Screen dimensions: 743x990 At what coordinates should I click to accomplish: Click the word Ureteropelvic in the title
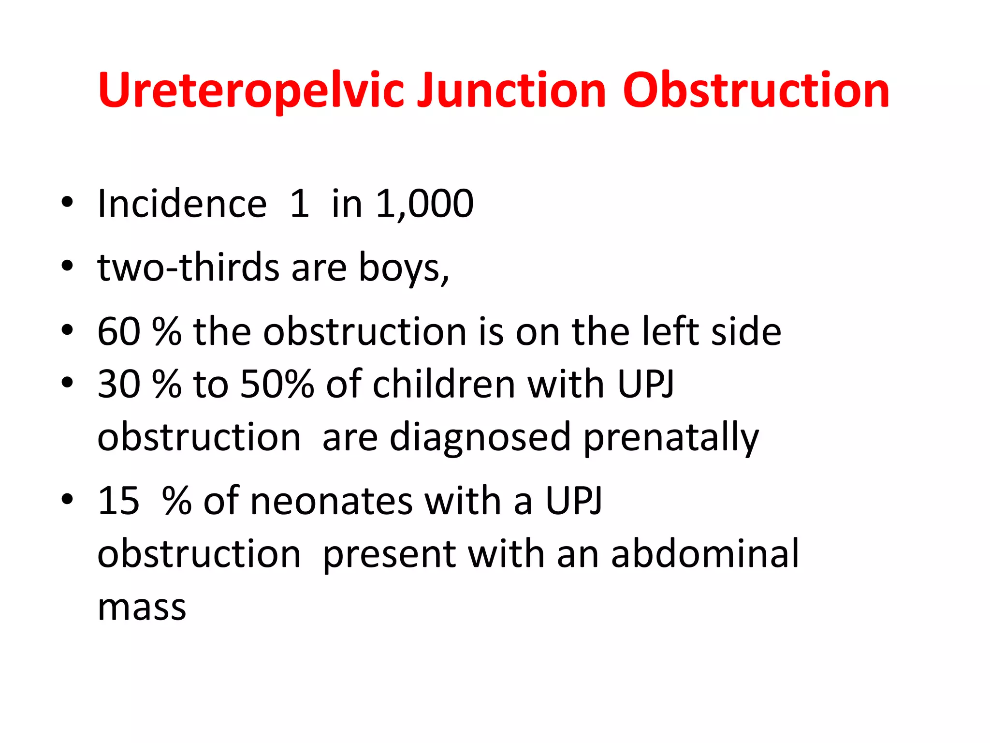click(250, 90)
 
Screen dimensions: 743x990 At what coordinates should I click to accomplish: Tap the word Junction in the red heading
click(511, 90)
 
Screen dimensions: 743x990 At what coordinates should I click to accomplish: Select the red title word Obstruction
click(756, 90)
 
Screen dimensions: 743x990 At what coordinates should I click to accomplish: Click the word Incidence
click(182, 204)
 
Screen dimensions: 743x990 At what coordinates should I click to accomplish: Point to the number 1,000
click(424, 204)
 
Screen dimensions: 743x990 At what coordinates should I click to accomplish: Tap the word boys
click(402, 268)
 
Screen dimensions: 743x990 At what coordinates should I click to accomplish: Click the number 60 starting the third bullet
click(119, 331)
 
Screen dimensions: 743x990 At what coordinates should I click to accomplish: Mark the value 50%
click(277, 384)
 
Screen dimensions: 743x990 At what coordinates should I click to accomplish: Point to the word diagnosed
click(480, 437)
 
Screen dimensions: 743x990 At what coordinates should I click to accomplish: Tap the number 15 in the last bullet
click(119, 501)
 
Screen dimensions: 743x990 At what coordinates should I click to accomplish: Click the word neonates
click(331, 501)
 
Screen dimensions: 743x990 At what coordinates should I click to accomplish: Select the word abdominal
click(705, 553)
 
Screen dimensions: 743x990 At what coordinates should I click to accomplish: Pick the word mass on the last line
click(142, 608)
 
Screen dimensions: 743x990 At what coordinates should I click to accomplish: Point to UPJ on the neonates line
click(574, 501)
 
